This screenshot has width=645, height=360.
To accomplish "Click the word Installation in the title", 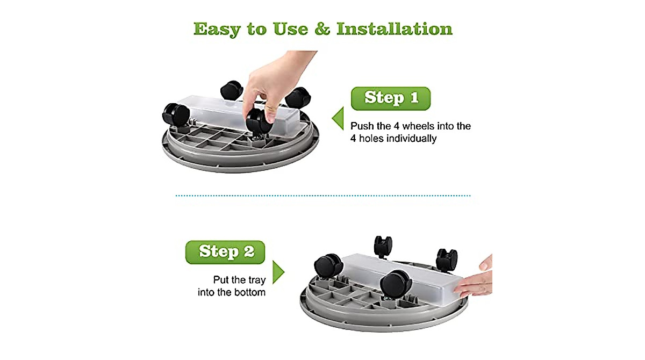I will pyautogui.click(x=394, y=29).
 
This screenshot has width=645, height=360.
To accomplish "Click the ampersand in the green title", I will pyautogui.click(x=321, y=29).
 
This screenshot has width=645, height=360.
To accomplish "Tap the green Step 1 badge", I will pyautogui.click(x=391, y=98).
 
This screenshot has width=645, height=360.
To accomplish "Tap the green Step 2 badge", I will pyautogui.click(x=225, y=251).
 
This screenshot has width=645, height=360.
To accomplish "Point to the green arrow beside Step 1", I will pyautogui.click(x=338, y=119).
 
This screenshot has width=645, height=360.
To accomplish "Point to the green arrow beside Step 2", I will pyautogui.click(x=278, y=272).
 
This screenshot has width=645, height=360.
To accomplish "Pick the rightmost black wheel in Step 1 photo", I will pyautogui.click(x=297, y=98).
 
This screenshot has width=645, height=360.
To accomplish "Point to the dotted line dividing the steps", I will pyautogui.click(x=322, y=196).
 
